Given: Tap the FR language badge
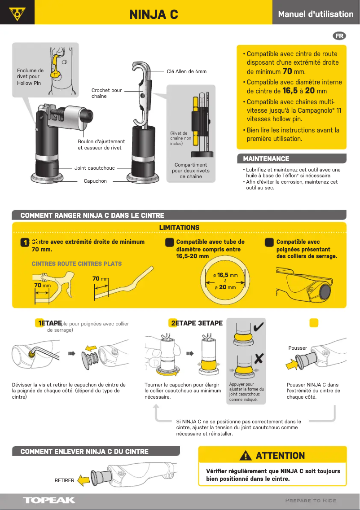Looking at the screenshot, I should pyautogui.click(x=339, y=36).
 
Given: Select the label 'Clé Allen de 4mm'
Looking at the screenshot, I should pyautogui.click(x=186, y=71).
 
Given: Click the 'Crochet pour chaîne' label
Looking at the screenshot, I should pyautogui.click(x=106, y=93).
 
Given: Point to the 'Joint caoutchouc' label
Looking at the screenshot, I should pyautogui.click(x=94, y=168).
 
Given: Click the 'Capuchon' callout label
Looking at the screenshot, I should pyautogui.click(x=95, y=181).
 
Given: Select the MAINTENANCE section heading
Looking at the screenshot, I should pyautogui.click(x=266, y=159).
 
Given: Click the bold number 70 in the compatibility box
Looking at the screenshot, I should pyautogui.click(x=287, y=71).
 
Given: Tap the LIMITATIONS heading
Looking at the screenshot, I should pyautogui.click(x=179, y=228).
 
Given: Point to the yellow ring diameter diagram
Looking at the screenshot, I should pyautogui.click(x=224, y=281).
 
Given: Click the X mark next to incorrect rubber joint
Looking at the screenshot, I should pyautogui.click(x=259, y=358).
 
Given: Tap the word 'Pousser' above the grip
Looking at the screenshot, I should pyautogui.click(x=298, y=348).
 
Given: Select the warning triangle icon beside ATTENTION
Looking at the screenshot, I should pyautogui.click(x=246, y=456).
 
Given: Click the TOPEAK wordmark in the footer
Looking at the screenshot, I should pyautogui.click(x=49, y=500).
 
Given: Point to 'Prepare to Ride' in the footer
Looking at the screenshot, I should pyautogui.click(x=311, y=501).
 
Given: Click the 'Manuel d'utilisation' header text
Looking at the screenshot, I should pyautogui.click(x=316, y=14).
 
